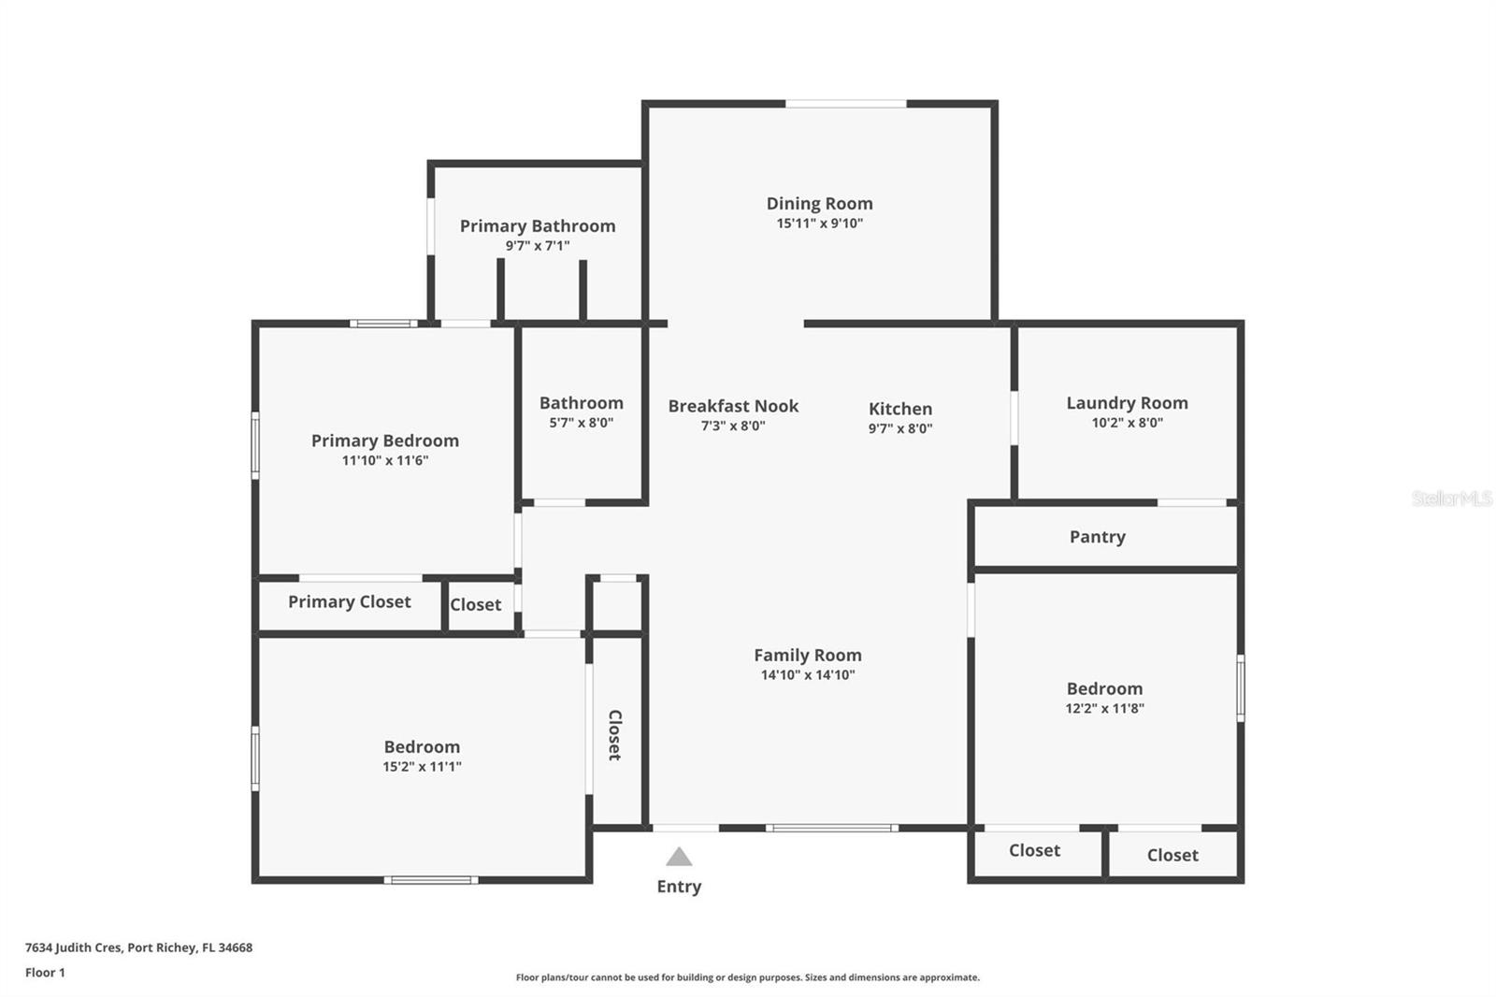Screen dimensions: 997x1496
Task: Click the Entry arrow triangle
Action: [x=679, y=857]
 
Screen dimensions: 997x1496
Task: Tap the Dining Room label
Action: [x=819, y=203]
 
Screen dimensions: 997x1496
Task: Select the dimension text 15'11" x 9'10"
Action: [x=819, y=224]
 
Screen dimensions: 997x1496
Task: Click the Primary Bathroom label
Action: [x=538, y=225]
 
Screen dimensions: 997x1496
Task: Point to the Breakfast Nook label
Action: [x=733, y=406]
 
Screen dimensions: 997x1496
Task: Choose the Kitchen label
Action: [x=899, y=409]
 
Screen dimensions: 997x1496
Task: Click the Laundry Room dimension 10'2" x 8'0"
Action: [x=1127, y=423]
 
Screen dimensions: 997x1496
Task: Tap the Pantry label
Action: [x=1097, y=537]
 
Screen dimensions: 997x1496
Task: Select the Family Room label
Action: [x=808, y=655]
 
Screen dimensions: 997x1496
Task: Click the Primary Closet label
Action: [x=349, y=601]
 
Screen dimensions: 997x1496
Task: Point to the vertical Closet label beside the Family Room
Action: [x=614, y=734]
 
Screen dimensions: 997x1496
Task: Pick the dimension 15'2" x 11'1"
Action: [x=422, y=767]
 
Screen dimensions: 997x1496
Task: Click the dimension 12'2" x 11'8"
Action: [x=1104, y=709]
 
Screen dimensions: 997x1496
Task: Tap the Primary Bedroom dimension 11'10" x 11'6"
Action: [x=384, y=460]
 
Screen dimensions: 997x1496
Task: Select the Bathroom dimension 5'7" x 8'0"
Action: [x=581, y=423]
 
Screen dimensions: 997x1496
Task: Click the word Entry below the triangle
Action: [x=679, y=887]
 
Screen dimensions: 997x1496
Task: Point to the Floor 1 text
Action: [x=45, y=973]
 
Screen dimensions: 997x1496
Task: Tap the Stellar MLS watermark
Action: [x=1451, y=498]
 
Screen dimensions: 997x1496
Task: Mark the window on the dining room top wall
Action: [x=845, y=104]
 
